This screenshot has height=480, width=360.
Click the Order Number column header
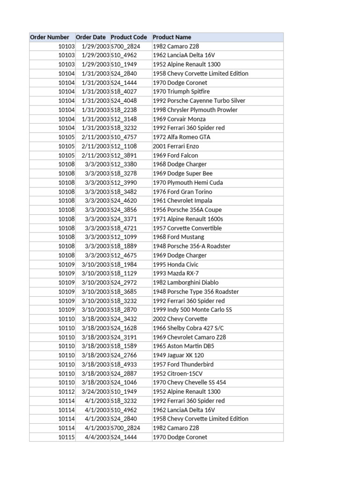coord(50,37)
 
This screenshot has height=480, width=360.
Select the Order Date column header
coord(91,37)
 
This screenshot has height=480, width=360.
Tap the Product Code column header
coord(129,37)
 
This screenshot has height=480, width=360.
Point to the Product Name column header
coord(172,37)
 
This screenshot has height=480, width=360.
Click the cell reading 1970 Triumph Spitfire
coord(181,92)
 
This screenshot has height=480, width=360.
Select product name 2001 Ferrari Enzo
coord(175,146)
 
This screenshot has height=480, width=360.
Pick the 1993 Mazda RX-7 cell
coord(176,273)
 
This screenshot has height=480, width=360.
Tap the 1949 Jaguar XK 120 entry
coord(178,355)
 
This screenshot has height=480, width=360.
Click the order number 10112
coord(67,391)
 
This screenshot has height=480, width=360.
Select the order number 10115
coord(67,437)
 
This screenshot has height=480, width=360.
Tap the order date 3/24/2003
coord(96,391)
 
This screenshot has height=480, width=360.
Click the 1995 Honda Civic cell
coord(176,264)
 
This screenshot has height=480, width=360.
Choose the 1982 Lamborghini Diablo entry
coord(186,283)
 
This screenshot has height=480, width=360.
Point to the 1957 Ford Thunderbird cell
coord(183,364)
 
